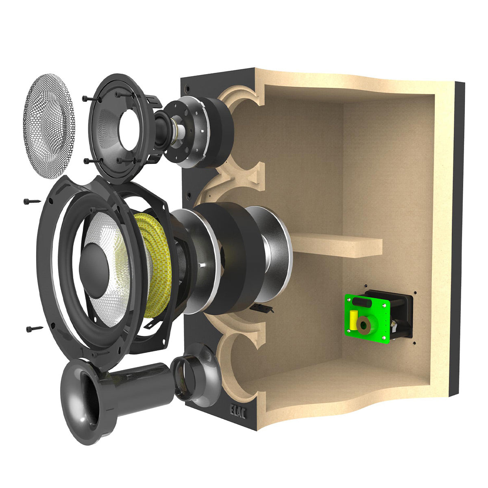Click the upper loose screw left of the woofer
(x=32, y=202)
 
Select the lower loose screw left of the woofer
(x=35, y=329)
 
